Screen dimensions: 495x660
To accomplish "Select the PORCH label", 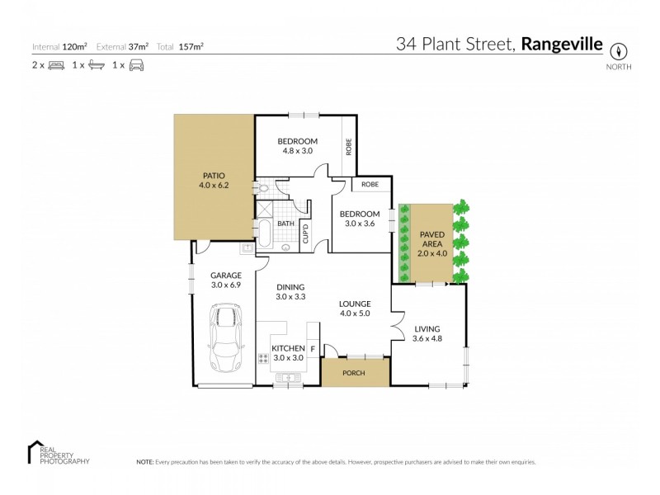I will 355,372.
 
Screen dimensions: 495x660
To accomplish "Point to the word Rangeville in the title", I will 562,44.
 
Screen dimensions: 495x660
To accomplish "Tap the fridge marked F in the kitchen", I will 313,349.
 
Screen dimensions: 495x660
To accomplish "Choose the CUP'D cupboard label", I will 305,233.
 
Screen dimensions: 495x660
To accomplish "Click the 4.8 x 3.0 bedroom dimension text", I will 297,151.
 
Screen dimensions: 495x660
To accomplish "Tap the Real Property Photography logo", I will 58,453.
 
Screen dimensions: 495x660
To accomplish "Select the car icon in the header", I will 137,65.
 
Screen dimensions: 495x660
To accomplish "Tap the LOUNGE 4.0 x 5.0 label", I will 355,309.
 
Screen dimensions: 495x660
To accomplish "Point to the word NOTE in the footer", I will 144,463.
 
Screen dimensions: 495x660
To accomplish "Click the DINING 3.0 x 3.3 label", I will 290,292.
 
